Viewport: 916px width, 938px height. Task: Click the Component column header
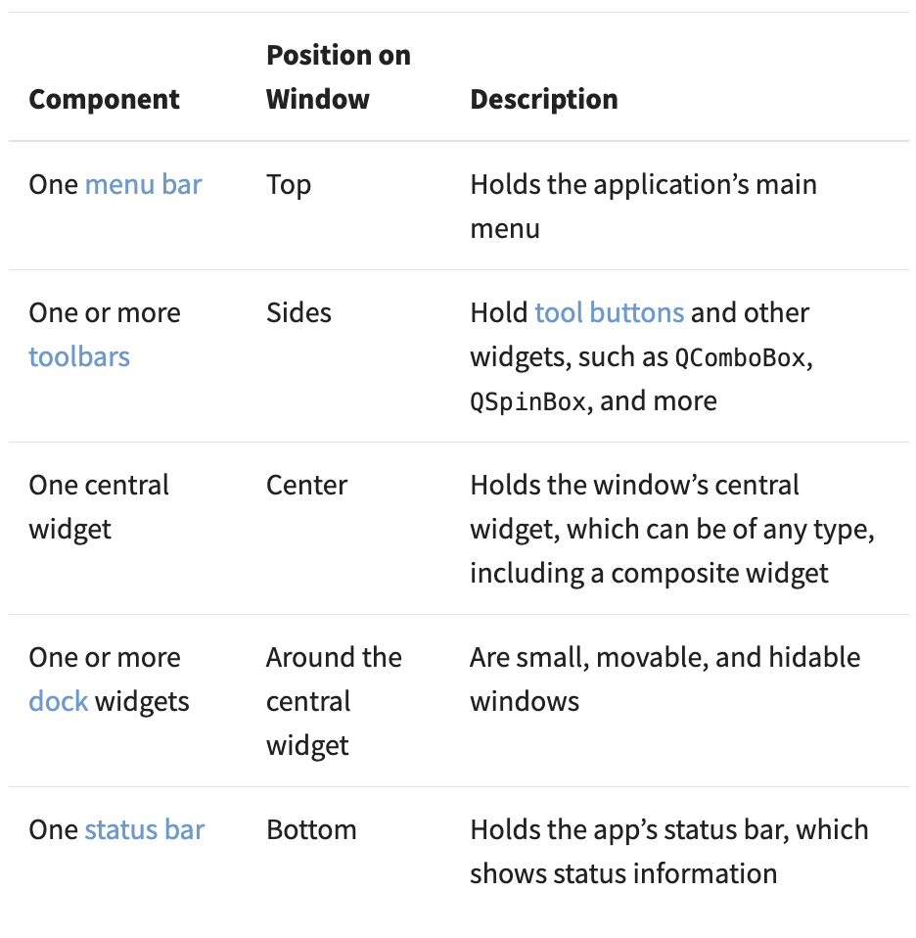click(104, 99)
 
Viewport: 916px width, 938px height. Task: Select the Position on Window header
click(339, 77)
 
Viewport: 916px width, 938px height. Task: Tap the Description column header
click(544, 99)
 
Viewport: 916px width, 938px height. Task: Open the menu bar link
click(144, 184)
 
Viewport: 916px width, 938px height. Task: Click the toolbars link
click(79, 357)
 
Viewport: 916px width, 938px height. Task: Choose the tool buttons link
click(609, 313)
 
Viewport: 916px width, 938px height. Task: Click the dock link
click(59, 701)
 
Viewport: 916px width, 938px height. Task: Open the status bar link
click(145, 829)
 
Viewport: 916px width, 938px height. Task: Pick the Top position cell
click(289, 185)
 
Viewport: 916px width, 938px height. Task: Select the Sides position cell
click(298, 313)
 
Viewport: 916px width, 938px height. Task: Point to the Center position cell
click(306, 485)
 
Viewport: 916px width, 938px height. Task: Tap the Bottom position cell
click(311, 829)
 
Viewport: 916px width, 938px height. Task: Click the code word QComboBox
click(740, 357)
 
